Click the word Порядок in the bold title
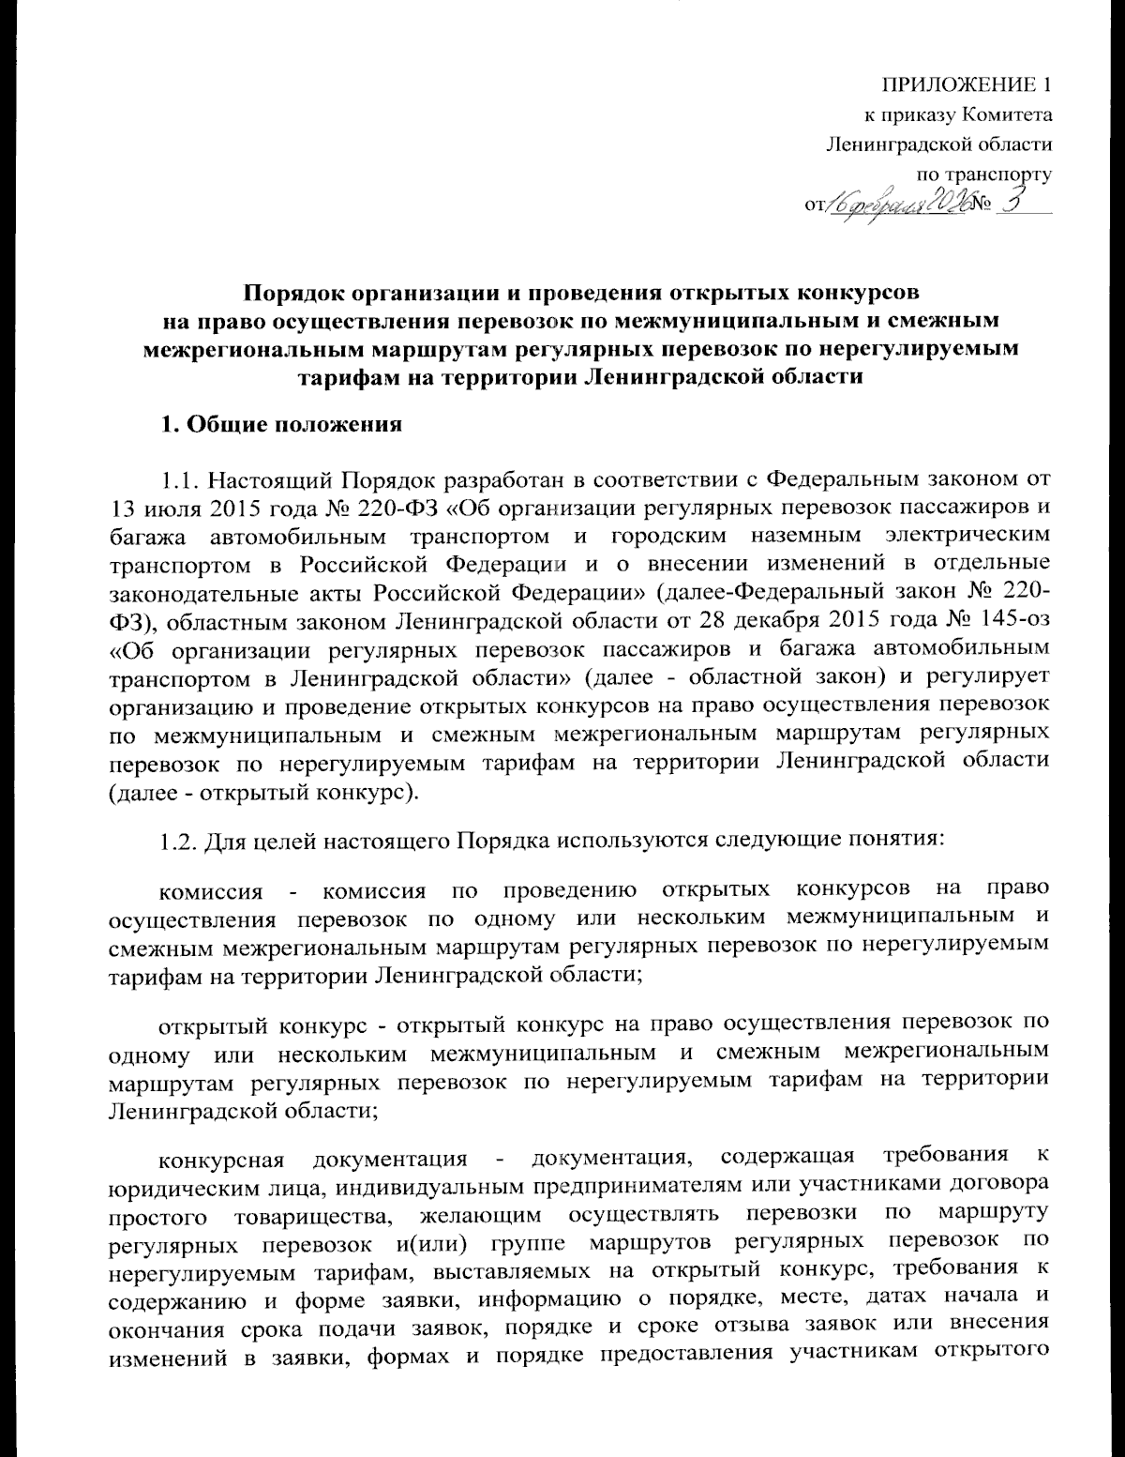click(x=297, y=288)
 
